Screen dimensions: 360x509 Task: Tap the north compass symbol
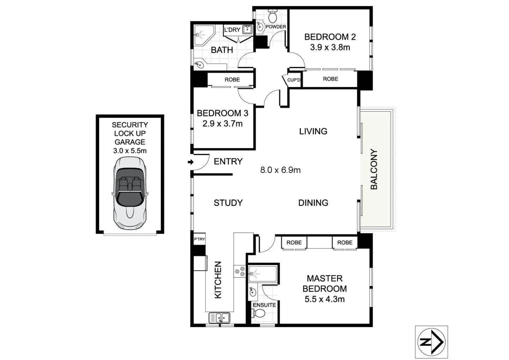click(431, 342)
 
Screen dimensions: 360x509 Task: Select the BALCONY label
click(374, 169)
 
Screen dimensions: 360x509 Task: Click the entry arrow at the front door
click(190, 162)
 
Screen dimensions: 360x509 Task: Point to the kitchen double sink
click(219, 318)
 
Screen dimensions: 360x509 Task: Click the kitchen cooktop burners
click(240, 271)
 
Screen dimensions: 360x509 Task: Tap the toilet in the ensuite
click(258, 313)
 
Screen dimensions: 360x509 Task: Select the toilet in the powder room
click(273, 15)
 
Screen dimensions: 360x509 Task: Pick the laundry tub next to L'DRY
click(247, 29)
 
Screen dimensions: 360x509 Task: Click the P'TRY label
click(199, 239)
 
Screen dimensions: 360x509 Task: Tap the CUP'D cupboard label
click(294, 80)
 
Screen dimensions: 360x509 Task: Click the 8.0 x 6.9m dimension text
click(280, 170)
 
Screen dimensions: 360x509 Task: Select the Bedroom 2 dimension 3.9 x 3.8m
click(330, 47)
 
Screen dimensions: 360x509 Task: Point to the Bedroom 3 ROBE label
click(232, 80)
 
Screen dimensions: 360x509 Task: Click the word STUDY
click(228, 203)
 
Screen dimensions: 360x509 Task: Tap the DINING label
click(313, 203)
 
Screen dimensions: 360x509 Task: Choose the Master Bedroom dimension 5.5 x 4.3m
click(324, 299)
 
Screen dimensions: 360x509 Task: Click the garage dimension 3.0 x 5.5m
click(130, 151)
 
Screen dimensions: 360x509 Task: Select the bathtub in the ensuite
click(263, 274)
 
